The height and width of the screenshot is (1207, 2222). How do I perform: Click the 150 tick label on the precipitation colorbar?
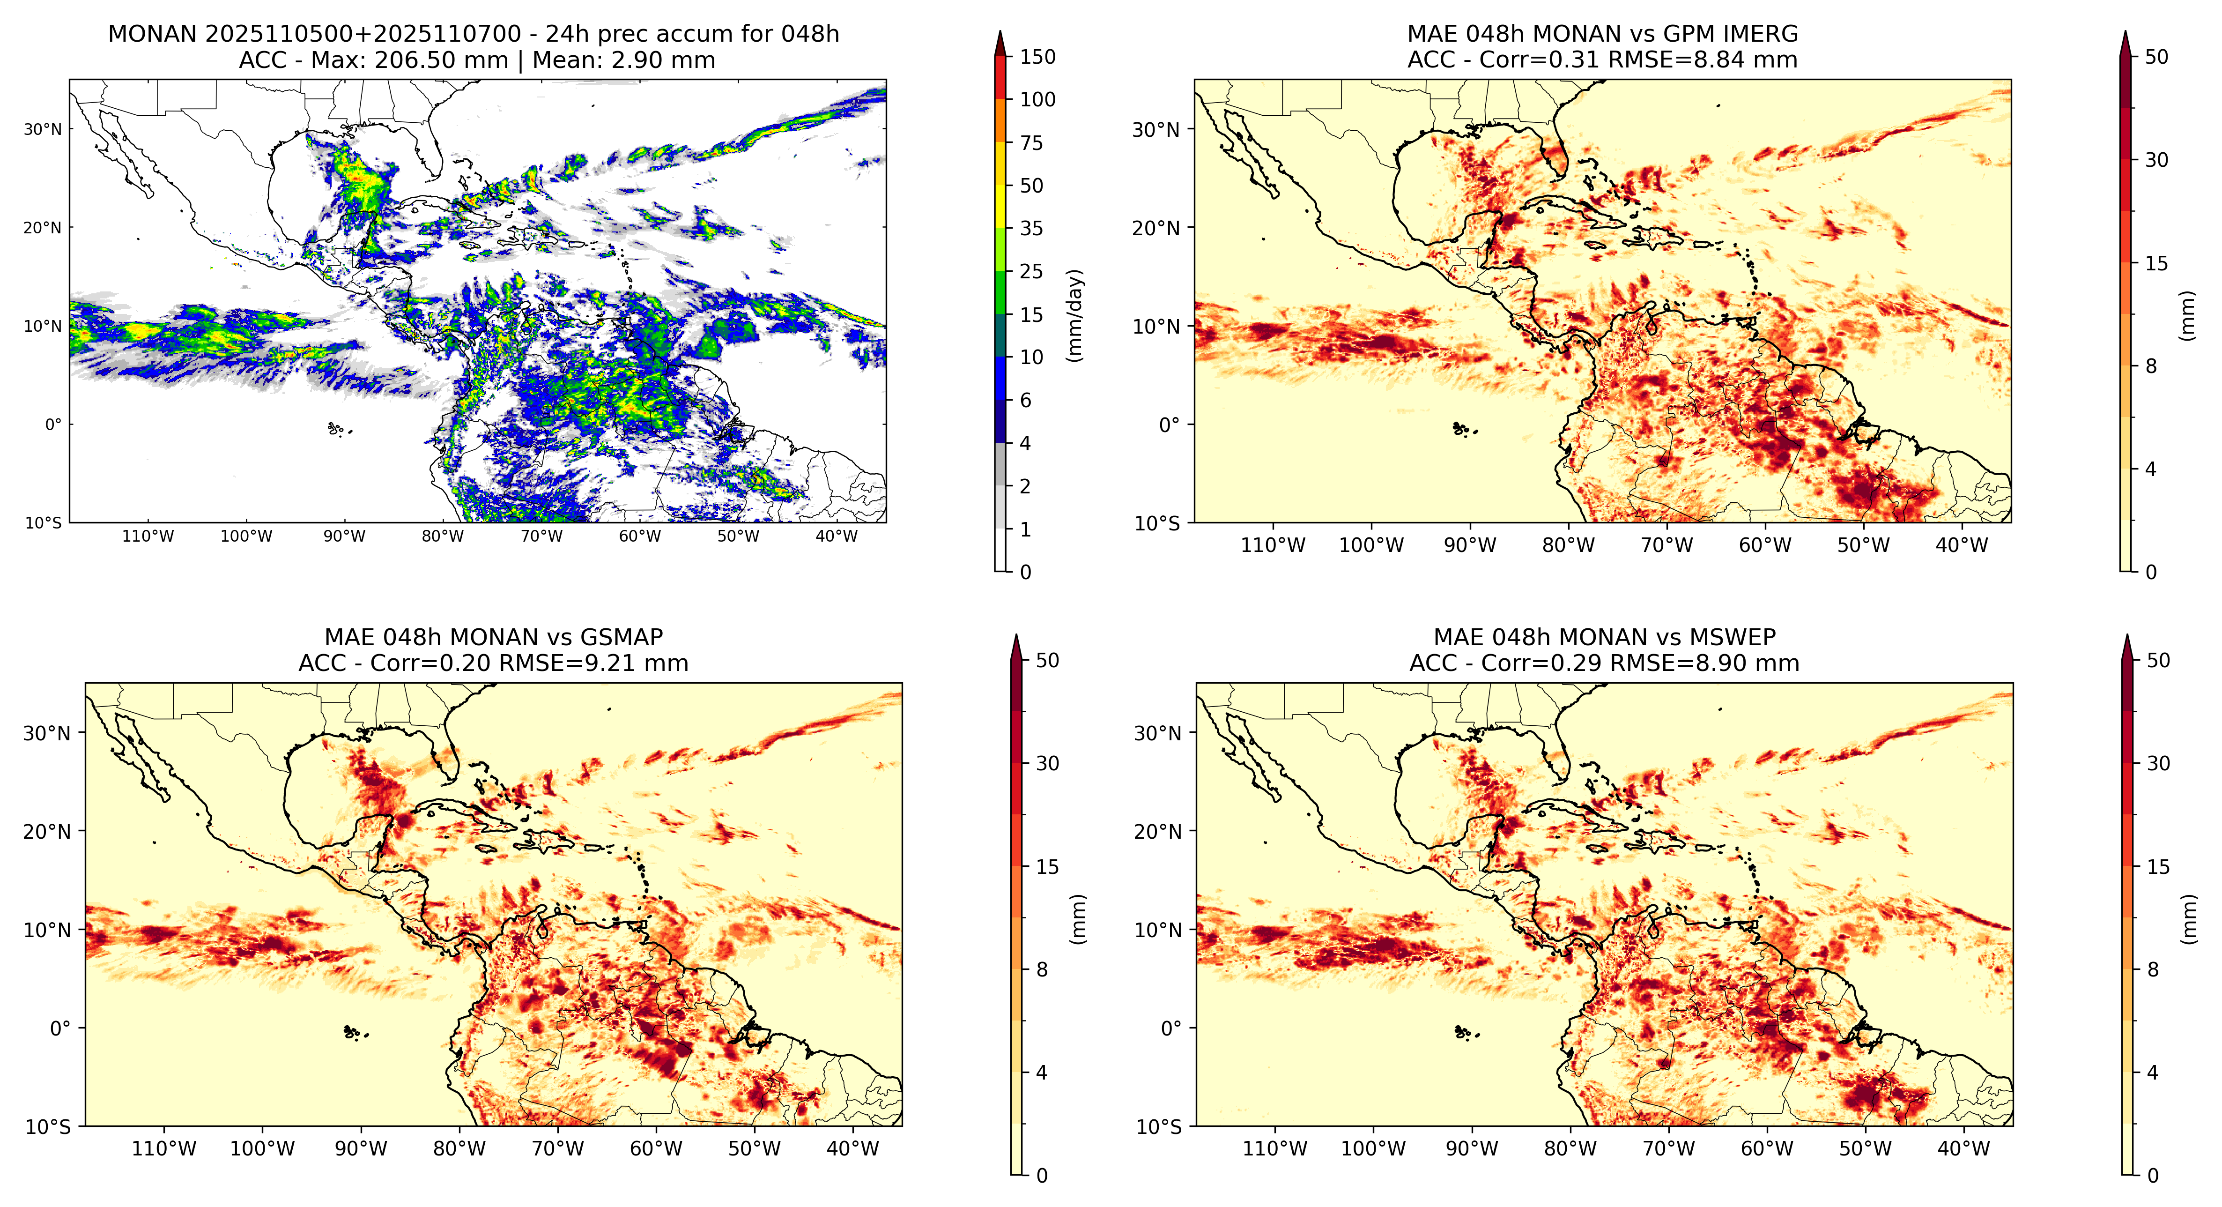(x=1037, y=57)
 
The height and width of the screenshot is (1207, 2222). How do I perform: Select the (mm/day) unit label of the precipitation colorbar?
(x=1075, y=315)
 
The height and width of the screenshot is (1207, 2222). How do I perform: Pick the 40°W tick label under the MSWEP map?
(x=1963, y=1148)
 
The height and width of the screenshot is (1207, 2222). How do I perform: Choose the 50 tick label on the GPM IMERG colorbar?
(x=2156, y=57)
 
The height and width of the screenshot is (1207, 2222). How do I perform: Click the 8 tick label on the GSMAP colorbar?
(x=1042, y=970)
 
